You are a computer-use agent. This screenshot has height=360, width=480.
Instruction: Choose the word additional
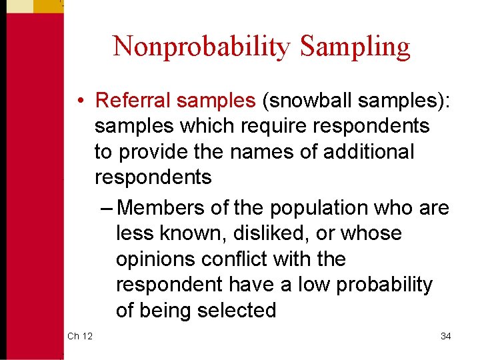pos(369,151)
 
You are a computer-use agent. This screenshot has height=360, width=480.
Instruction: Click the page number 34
pos(445,336)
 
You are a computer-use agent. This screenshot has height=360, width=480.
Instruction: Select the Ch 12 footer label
pos(80,336)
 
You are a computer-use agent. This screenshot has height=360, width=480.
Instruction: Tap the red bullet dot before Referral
pos(79,101)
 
